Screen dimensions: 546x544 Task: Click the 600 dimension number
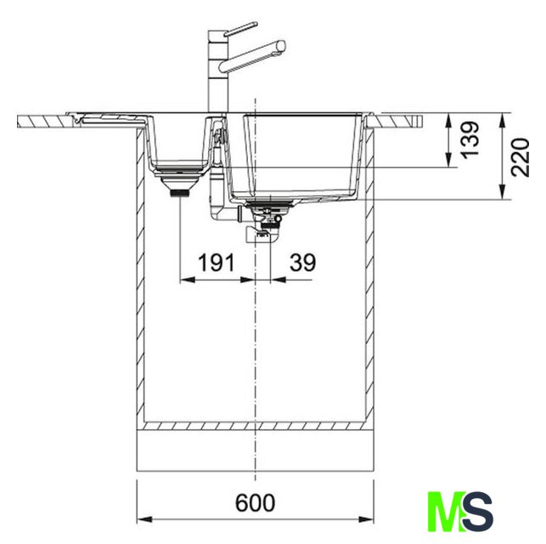(255, 502)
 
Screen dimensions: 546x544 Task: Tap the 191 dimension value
(217, 263)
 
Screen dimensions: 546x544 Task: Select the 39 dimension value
(302, 263)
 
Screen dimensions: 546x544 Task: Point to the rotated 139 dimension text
(470, 139)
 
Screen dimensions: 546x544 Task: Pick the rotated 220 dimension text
(521, 157)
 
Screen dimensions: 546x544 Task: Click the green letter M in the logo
(447, 511)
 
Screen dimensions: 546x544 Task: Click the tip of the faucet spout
(284, 45)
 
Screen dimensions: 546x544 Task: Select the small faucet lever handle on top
(240, 29)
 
